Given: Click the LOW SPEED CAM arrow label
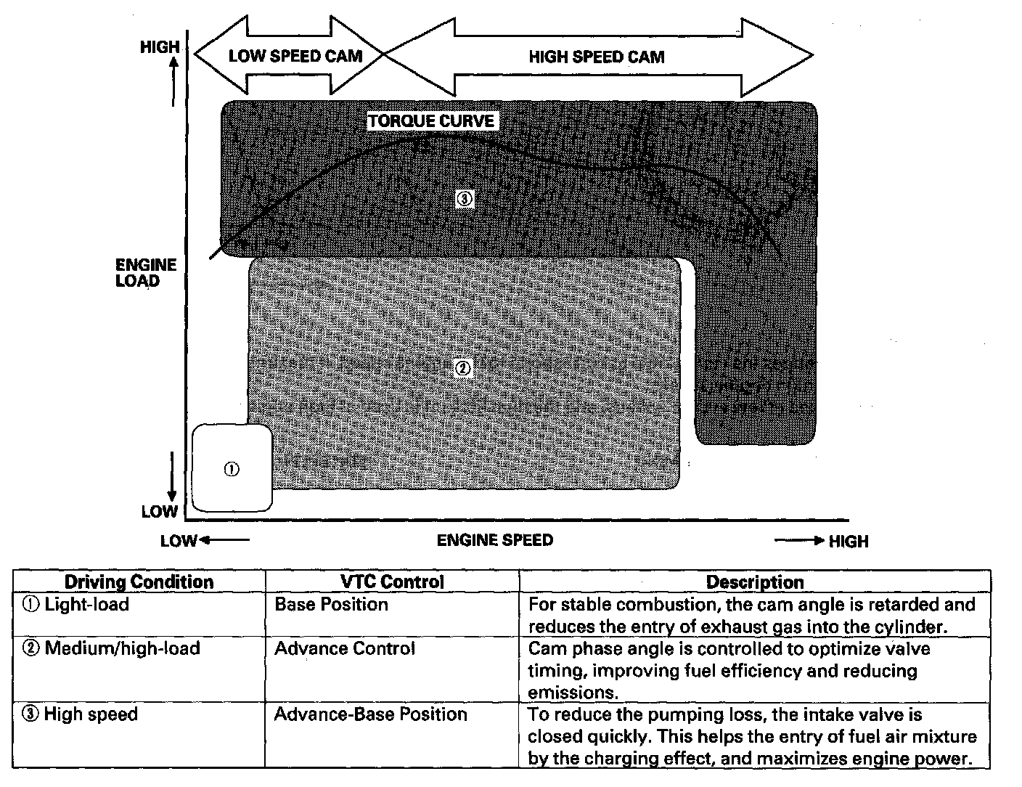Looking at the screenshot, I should [x=295, y=57].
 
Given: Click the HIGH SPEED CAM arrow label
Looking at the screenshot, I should [x=596, y=57].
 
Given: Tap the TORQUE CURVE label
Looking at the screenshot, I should [x=430, y=121].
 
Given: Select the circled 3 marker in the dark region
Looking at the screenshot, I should [x=465, y=199].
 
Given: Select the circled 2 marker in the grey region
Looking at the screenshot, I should [x=462, y=368].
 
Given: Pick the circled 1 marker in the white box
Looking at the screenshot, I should [x=231, y=469].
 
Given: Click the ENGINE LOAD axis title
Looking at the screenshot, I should [x=146, y=273].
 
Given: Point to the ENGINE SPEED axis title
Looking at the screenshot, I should [x=494, y=540].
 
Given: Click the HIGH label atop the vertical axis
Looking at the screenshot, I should [x=160, y=47].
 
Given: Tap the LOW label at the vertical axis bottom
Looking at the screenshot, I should [x=160, y=511].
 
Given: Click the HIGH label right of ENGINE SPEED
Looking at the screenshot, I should [x=848, y=542].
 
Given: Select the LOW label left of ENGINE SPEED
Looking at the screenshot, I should [x=179, y=541].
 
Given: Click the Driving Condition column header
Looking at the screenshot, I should [x=139, y=582].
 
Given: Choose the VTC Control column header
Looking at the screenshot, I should [x=392, y=582].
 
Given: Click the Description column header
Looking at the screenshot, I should [x=755, y=582].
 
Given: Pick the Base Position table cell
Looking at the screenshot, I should [x=331, y=605].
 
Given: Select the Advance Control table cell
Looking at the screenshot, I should [x=344, y=648].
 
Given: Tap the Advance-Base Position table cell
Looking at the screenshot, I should [x=370, y=714].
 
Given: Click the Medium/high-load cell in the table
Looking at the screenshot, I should [x=122, y=648].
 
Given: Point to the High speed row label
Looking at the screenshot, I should [x=91, y=714].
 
